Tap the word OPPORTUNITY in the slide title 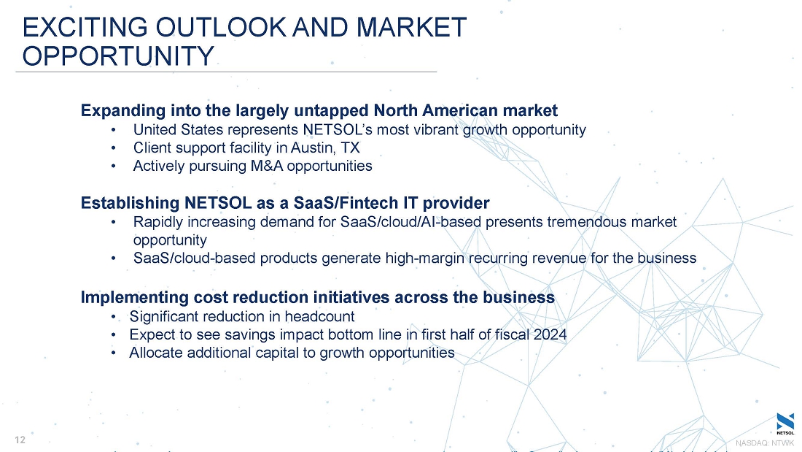118,55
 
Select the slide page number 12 20,440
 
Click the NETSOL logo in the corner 785,424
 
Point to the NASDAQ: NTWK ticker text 765,443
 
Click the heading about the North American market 319,110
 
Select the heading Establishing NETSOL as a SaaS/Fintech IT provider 285,203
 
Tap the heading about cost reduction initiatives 318,297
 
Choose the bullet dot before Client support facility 114,149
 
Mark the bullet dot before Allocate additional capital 114,353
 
